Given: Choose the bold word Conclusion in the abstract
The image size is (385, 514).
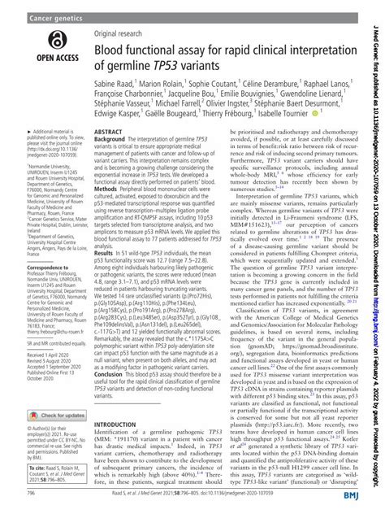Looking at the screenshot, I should tap(115, 418).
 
